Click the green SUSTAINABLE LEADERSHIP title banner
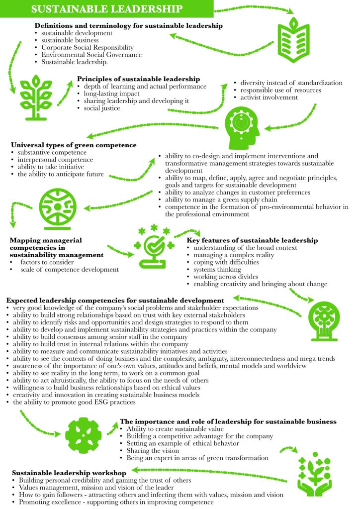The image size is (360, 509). click(106, 8)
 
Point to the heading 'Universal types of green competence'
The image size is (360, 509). click(73, 145)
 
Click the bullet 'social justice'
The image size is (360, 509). click(102, 108)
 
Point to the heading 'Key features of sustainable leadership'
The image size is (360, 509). click(252, 240)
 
